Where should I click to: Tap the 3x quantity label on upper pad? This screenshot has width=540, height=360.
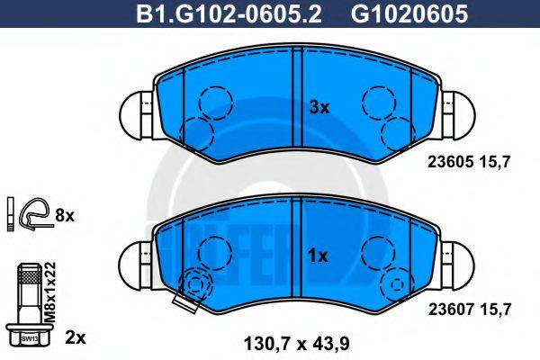[x=320, y=107]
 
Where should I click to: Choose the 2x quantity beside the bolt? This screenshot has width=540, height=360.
[x=76, y=338]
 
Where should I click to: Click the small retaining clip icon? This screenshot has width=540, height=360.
[x=33, y=214]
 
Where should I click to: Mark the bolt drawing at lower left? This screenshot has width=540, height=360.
[x=30, y=301]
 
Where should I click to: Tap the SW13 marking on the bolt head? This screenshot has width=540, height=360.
[x=30, y=337]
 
